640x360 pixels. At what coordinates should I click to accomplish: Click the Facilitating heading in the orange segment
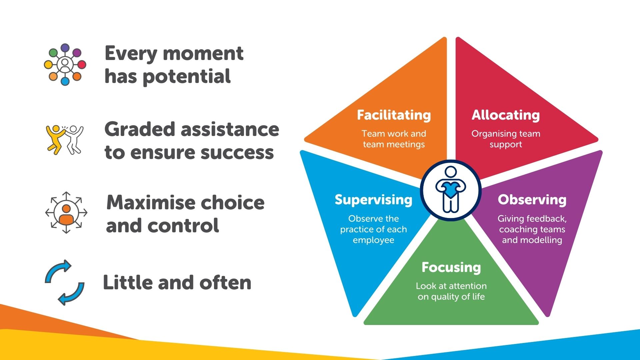point(394,115)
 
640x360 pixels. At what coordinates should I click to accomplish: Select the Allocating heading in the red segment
point(506,115)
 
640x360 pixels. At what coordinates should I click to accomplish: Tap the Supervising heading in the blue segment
point(373,200)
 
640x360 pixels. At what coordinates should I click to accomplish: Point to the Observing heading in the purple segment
point(532,200)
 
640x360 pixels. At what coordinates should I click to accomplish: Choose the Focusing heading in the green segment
point(451,267)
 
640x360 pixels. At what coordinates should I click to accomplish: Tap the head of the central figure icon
point(451,172)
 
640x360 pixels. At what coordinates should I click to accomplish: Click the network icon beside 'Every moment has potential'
point(65,64)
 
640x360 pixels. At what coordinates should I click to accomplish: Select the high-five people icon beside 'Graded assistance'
point(65,140)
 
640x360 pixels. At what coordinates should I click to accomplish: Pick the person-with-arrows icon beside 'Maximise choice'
point(66,212)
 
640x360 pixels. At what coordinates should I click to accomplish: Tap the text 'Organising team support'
point(506,139)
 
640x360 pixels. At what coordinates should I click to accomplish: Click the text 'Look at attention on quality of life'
point(451,291)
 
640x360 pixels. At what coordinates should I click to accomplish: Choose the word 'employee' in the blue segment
point(373,240)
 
